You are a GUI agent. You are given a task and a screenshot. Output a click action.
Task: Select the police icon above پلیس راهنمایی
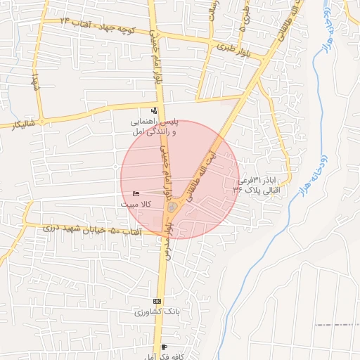pyautogui.click(x=155, y=110)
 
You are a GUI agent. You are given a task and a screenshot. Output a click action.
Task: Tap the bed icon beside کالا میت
pyautogui.click(x=136, y=193)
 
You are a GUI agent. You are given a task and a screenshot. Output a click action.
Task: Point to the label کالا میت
pyautogui.click(x=136, y=203)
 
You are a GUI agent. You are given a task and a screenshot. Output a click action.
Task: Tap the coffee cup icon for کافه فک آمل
pyautogui.click(x=164, y=347)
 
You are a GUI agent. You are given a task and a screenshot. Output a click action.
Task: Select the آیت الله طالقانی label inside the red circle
pyautogui.click(x=203, y=172)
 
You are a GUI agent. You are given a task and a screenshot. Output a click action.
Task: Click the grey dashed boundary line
pyautogui.click(x=337, y=325)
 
